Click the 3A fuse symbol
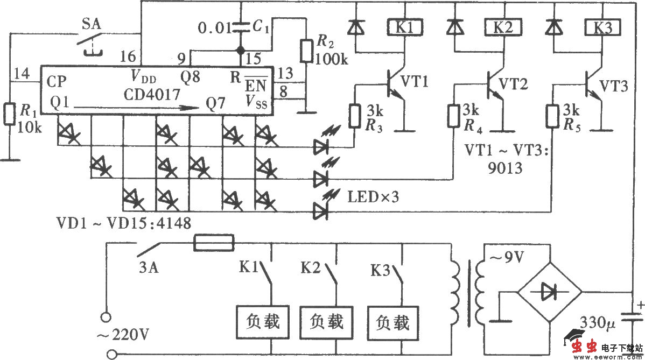(214, 243)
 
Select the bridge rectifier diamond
(550, 292)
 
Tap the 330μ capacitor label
(598, 323)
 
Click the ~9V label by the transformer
(506, 258)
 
